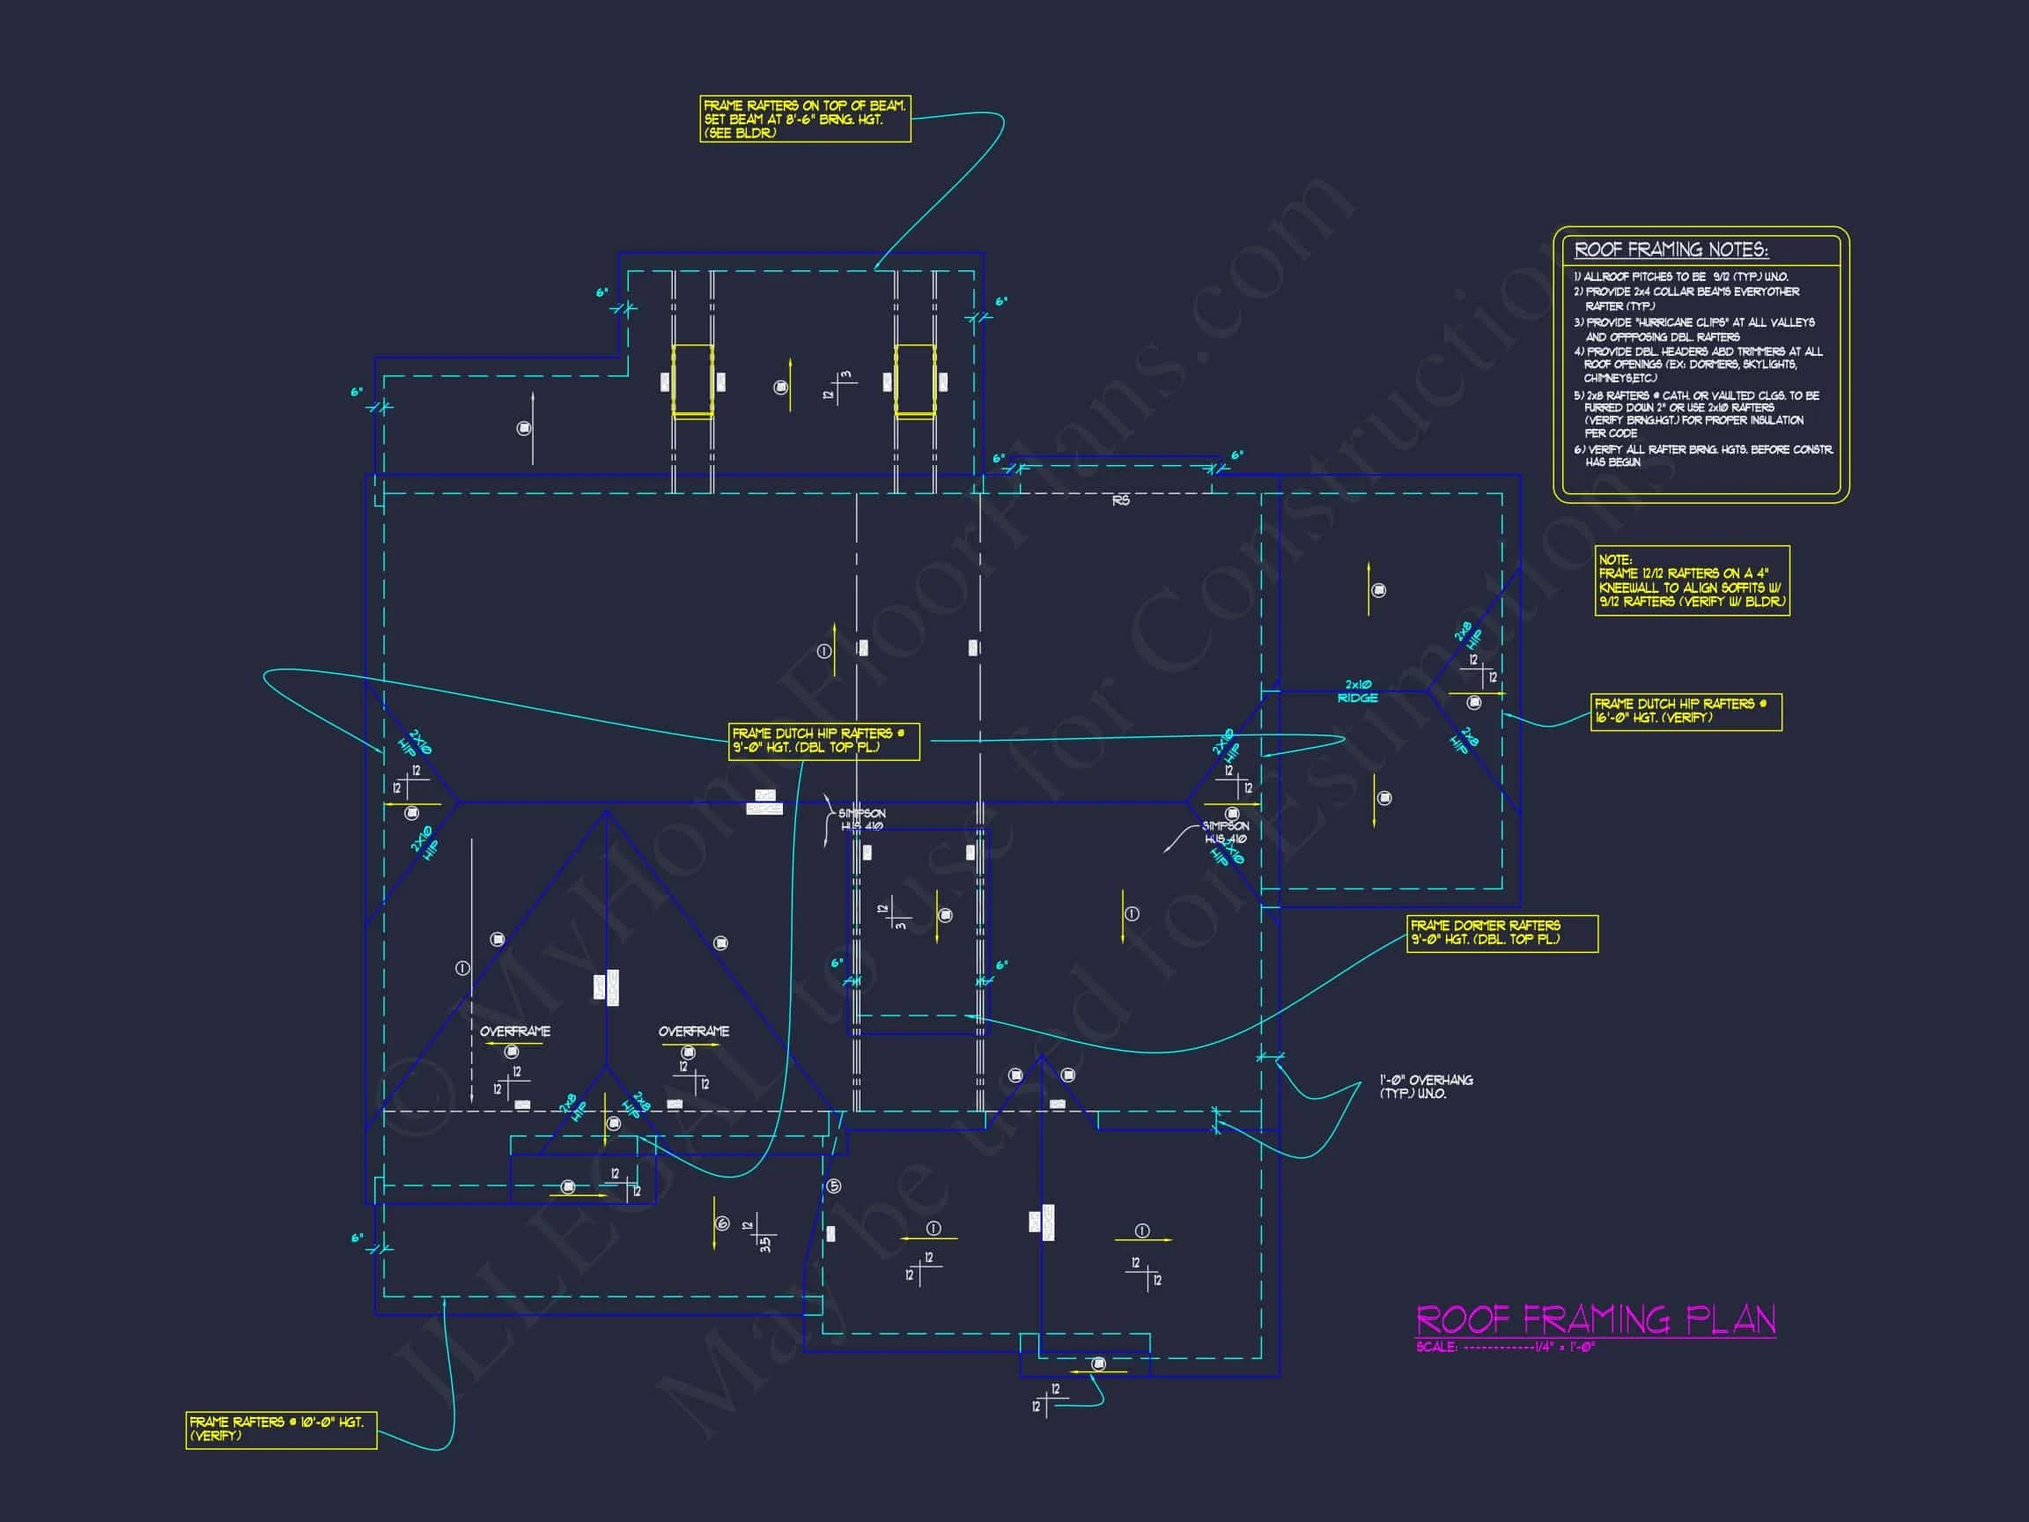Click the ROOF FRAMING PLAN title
(1595, 1320)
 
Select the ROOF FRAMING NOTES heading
(1671, 249)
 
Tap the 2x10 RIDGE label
(1358, 691)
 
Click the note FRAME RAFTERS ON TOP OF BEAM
(804, 119)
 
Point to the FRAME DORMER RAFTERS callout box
(1502, 933)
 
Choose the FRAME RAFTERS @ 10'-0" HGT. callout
(281, 1429)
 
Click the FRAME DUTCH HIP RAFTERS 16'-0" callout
(1686, 711)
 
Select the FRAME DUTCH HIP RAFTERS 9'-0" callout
(823, 741)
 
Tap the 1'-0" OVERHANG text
(1427, 1087)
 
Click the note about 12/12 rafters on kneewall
(1692, 580)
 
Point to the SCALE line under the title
(1505, 1347)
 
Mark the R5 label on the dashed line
(1121, 501)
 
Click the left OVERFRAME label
(514, 1031)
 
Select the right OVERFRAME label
(693, 1031)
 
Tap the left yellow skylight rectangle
(692, 380)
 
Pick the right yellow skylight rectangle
(914, 380)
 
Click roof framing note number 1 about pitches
(1680, 277)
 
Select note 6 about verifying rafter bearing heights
(1702, 455)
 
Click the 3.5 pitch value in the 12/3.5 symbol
(766, 1243)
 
